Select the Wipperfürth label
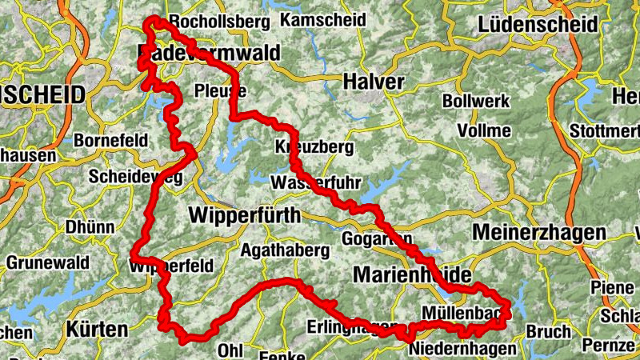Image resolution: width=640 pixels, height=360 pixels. pyautogui.click(x=244, y=215)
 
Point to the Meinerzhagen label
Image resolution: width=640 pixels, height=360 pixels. pyautogui.click(x=539, y=232)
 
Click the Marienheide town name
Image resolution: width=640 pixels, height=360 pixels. pyautogui.click(x=413, y=275)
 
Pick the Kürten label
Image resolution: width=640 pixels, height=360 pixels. pyautogui.click(x=97, y=329)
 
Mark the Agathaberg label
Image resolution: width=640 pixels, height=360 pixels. pyautogui.click(x=285, y=250)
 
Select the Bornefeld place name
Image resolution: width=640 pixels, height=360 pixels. pyautogui.click(x=110, y=141)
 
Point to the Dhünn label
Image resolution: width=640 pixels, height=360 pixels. pyautogui.click(x=90, y=227)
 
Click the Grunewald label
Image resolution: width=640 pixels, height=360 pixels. pyautogui.click(x=40, y=262)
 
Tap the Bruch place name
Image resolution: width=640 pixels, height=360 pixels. pyautogui.click(x=549, y=331)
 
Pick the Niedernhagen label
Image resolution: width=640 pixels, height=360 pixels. pyautogui.click(x=461, y=350)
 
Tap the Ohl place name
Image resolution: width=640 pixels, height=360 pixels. pyautogui.click(x=230, y=350)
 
